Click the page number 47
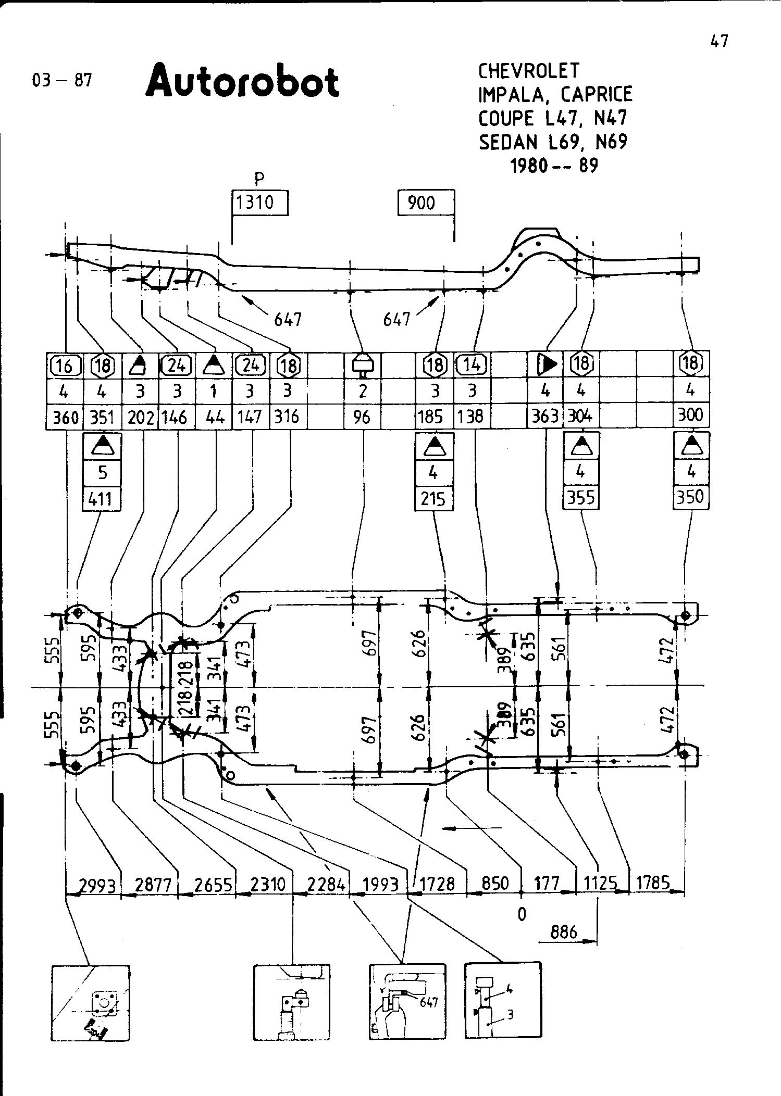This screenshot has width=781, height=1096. (x=719, y=41)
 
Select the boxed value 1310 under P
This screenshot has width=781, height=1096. (x=259, y=203)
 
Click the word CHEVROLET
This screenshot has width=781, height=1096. (x=529, y=71)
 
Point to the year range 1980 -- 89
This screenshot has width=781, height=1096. (x=554, y=166)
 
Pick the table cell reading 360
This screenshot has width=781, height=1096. (x=65, y=417)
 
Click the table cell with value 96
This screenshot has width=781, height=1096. (x=362, y=417)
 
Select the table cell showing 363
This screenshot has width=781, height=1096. (x=545, y=417)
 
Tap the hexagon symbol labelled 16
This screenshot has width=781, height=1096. (x=65, y=366)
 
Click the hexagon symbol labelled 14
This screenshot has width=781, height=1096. (x=471, y=365)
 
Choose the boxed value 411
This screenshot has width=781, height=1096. (x=102, y=499)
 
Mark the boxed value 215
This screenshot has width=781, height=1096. (x=433, y=499)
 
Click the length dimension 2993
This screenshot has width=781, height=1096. (x=97, y=885)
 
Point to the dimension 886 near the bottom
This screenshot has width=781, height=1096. (x=564, y=931)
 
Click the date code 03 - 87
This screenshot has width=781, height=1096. (x=62, y=80)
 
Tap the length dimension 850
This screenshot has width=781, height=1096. (x=494, y=884)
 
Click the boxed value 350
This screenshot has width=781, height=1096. (x=691, y=497)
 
